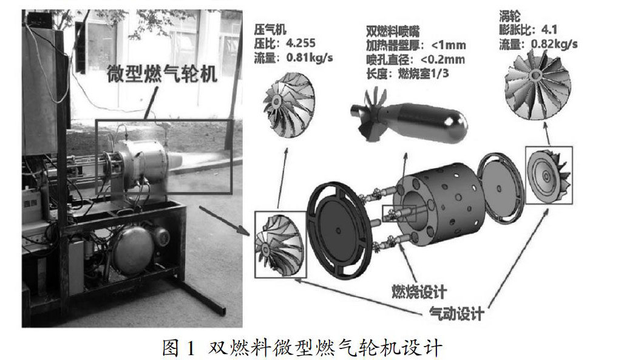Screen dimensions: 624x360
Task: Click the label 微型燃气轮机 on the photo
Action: point(162,74)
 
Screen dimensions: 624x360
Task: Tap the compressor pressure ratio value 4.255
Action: point(301,43)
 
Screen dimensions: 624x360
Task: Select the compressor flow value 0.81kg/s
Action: point(310,58)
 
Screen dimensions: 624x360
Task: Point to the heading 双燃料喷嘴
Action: point(393,31)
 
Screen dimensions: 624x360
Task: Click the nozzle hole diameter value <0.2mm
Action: point(443,59)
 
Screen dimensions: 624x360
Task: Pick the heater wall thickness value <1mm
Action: point(449,45)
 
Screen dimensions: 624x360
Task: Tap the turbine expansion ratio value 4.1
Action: point(549,30)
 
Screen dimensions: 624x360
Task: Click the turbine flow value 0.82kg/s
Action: point(554,44)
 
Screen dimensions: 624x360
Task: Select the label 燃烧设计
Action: point(419,292)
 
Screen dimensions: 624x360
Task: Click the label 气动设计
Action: point(456,313)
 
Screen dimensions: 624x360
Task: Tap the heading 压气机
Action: point(270,29)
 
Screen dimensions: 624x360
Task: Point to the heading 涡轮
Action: point(510,16)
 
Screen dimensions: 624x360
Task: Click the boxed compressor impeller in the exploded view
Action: point(280,245)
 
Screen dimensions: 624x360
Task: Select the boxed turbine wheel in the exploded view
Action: point(549,175)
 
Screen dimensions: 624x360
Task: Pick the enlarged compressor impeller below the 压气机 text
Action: point(289,105)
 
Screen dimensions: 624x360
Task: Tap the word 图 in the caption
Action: point(171,347)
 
